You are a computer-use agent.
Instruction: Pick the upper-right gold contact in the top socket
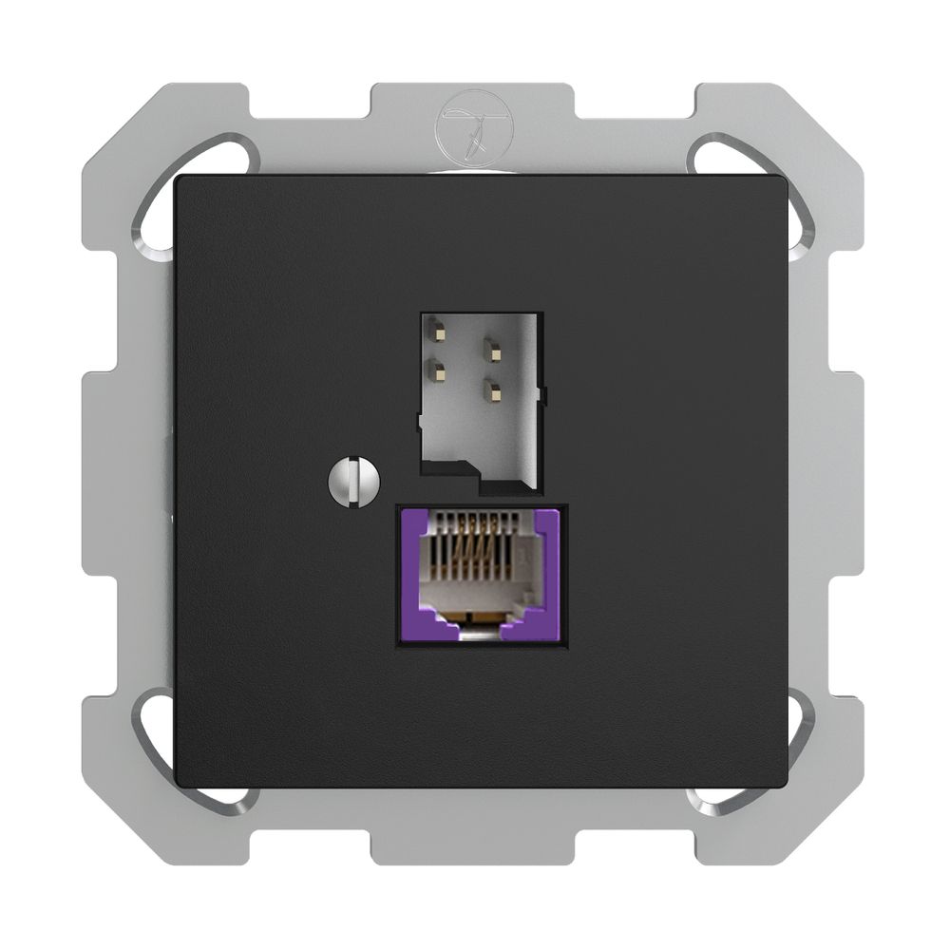(492, 350)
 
